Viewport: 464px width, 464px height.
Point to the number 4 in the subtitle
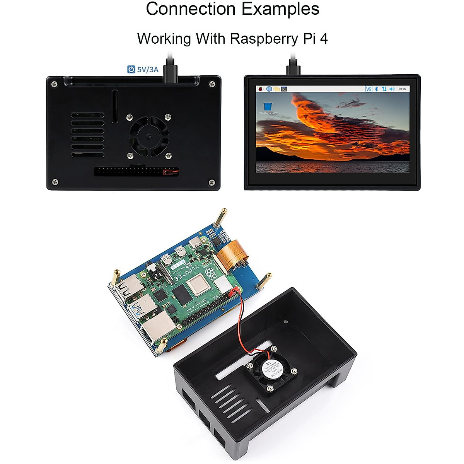(324, 39)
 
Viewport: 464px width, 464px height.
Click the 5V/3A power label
(148, 70)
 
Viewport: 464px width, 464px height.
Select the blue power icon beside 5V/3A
(131, 70)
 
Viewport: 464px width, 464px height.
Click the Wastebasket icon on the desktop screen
(267, 107)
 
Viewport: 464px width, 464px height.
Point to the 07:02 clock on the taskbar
(402, 89)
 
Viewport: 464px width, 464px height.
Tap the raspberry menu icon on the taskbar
(261, 89)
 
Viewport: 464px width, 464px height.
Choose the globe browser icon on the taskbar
(269, 89)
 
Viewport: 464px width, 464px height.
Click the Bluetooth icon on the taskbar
(376, 89)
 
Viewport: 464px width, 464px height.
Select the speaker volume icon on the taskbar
(392, 89)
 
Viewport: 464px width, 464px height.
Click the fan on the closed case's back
(149, 136)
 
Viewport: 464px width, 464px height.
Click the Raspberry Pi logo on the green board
(211, 274)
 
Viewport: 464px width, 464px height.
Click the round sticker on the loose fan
(272, 370)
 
